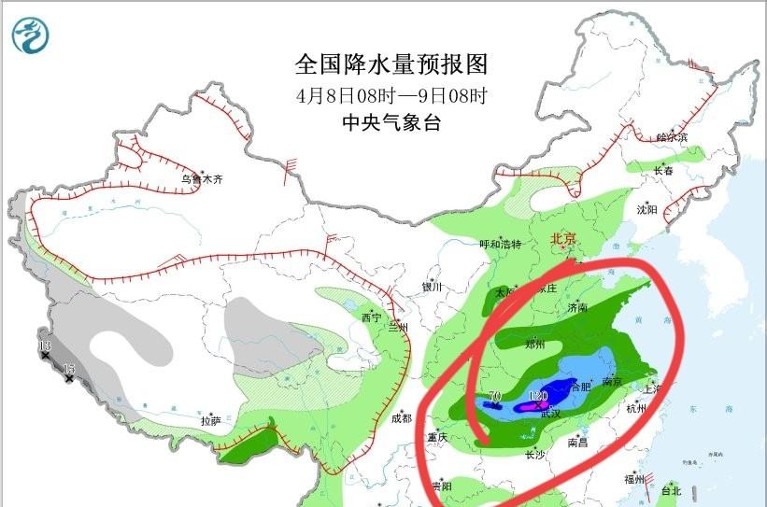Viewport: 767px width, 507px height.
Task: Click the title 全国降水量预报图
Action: tap(391, 64)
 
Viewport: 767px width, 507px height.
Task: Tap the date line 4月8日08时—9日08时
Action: tap(391, 95)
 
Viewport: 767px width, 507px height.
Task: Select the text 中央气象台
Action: tap(391, 122)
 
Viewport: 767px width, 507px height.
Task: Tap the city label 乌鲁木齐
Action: tap(203, 178)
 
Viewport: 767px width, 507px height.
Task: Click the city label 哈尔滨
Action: tap(671, 137)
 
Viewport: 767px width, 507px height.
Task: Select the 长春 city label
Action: tap(663, 171)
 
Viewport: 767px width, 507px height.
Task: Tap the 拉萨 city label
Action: tap(210, 421)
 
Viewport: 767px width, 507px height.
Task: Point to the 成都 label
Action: tap(402, 418)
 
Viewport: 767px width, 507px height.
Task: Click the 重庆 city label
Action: tap(438, 437)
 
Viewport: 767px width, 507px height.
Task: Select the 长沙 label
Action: tap(534, 456)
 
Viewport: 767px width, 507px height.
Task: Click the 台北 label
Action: tap(671, 490)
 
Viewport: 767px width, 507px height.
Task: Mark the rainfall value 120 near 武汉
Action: tap(537, 397)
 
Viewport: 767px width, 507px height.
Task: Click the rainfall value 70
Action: tap(494, 397)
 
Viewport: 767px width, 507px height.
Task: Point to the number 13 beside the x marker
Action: tap(44, 347)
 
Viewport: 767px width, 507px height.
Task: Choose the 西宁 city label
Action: tap(371, 317)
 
